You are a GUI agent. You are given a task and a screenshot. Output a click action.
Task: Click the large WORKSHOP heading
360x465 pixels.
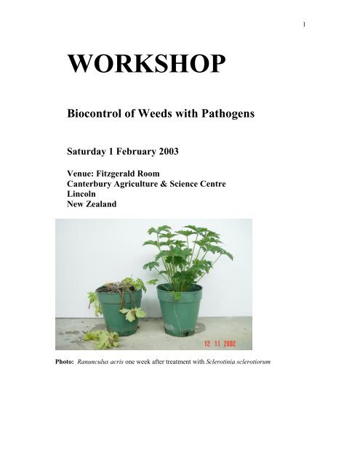pyautogui.click(x=146, y=63)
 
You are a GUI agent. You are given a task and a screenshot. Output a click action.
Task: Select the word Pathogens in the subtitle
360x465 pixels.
pyautogui.click(x=228, y=113)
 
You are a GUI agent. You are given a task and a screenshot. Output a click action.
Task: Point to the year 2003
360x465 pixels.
pyautogui.click(x=169, y=151)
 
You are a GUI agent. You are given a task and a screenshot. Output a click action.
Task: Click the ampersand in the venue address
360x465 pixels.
pyautogui.click(x=164, y=184)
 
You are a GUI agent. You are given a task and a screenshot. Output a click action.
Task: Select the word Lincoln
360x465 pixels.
pyautogui.click(x=81, y=194)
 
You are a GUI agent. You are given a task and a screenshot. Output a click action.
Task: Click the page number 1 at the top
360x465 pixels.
pyautogui.click(x=304, y=25)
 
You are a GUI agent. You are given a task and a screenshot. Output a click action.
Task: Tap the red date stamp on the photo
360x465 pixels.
pyautogui.click(x=220, y=344)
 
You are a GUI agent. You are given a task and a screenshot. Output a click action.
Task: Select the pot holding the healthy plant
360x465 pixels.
pyautogui.click(x=180, y=310)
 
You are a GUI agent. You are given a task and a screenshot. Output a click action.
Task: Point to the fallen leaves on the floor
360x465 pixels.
pyautogui.click(x=102, y=339)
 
